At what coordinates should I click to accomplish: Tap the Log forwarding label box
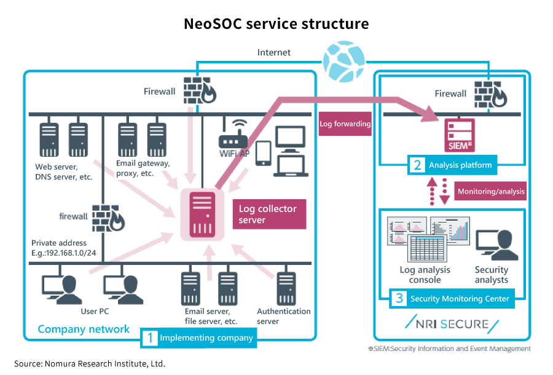coord(345,124)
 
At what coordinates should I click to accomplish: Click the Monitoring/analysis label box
coord(491,191)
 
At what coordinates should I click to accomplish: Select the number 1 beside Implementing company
coord(149,337)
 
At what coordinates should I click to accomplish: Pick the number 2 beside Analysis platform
coord(417,165)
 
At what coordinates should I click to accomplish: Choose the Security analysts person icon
coord(495,247)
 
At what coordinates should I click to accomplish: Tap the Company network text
coord(84,329)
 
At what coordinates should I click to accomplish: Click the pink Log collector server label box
coord(269,214)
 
